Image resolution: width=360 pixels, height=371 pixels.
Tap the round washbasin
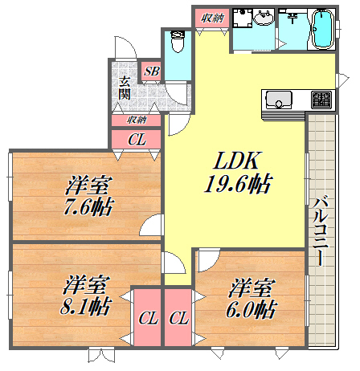tap(264, 20)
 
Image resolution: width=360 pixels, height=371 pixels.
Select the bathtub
tap(322, 29)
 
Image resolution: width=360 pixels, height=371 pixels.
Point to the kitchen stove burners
tap(321, 100)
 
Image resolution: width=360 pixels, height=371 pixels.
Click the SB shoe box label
tap(150, 71)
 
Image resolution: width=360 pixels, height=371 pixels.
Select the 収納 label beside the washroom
tap(212, 18)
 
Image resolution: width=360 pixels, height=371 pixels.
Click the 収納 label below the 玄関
tap(137, 119)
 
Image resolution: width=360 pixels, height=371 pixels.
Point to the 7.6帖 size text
tap(88, 207)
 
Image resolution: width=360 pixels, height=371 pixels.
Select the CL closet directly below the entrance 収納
tap(137, 140)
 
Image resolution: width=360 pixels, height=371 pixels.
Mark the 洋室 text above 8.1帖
tap(87, 283)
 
